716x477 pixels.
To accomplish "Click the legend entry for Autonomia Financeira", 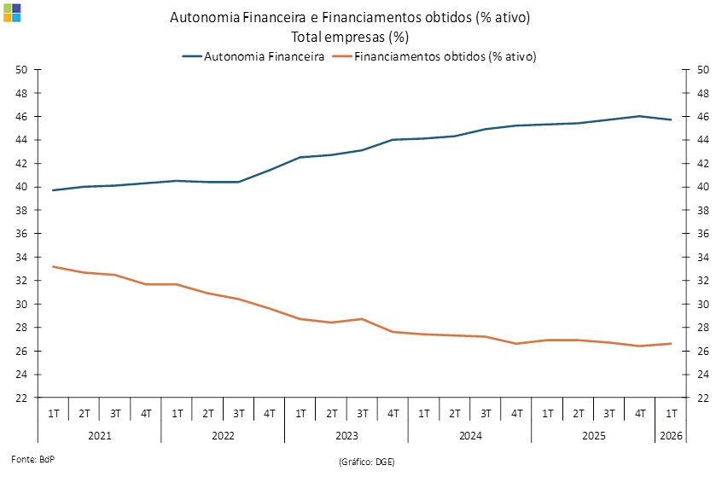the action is pyautogui.click(x=253, y=56).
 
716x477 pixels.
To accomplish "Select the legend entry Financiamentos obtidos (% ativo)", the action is pyautogui.click(x=434, y=56).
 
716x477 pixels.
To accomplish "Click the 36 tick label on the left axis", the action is pyautogui.click(x=21, y=234).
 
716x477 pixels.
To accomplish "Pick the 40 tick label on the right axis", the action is pyautogui.click(x=703, y=187).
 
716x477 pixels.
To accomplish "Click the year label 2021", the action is pyautogui.click(x=100, y=436).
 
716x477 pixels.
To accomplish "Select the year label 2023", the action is pyautogui.click(x=346, y=436).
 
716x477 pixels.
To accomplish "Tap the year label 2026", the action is pyautogui.click(x=672, y=436).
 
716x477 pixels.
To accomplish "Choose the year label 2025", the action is pyautogui.click(x=594, y=436).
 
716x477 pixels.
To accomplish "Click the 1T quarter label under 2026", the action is pyautogui.click(x=672, y=414).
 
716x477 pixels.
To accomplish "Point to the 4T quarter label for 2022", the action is pyautogui.click(x=270, y=414).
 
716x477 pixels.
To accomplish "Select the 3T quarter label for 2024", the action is pyautogui.click(x=486, y=414).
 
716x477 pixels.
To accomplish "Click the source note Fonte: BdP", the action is pyautogui.click(x=33, y=459).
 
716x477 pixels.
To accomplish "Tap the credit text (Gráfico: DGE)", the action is pyautogui.click(x=367, y=462).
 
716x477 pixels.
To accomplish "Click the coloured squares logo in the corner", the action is pyautogui.click(x=12, y=13).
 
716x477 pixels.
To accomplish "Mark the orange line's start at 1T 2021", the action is pyautogui.click(x=54, y=266).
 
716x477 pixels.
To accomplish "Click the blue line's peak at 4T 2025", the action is pyautogui.click(x=640, y=116).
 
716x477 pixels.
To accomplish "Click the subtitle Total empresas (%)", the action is pyautogui.click(x=350, y=37).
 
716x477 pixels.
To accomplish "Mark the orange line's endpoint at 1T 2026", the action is pyautogui.click(x=672, y=344).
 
